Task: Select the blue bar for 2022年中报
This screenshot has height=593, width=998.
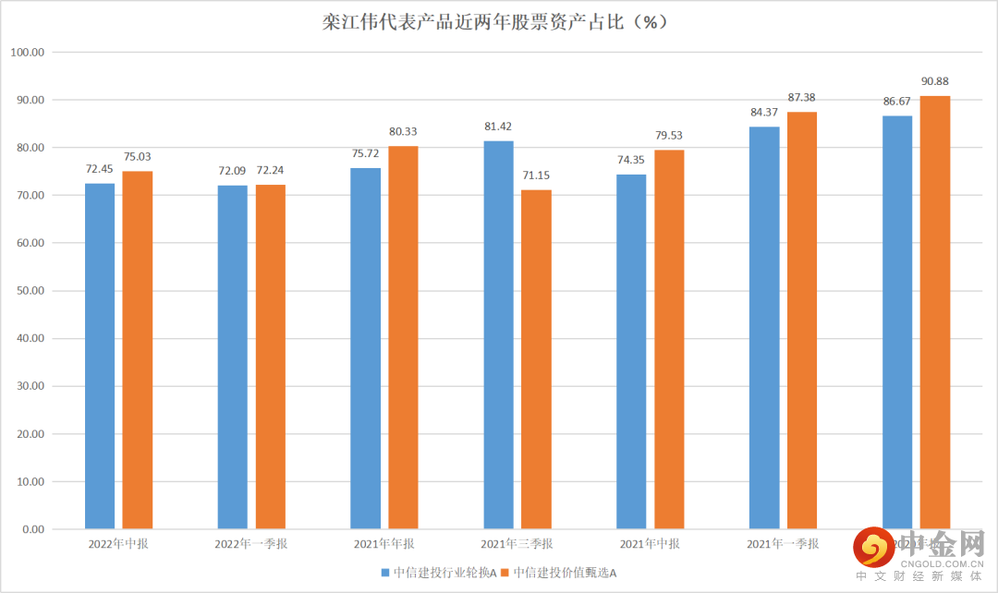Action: pos(100,356)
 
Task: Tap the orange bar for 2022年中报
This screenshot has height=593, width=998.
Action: pos(138,350)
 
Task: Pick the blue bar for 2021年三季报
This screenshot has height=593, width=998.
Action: pos(498,334)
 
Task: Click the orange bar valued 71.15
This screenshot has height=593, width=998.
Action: pos(537,359)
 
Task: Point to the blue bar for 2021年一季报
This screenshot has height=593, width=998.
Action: pos(764,328)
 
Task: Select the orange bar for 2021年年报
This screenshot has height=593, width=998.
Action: pos(403,337)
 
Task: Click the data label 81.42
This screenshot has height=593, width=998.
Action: pos(498,126)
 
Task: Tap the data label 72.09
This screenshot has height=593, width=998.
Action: pos(232,170)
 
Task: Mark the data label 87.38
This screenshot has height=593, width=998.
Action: pos(802,97)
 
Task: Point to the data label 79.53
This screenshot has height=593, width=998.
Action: pos(669,135)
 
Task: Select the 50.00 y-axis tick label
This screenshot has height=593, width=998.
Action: pos(30,291)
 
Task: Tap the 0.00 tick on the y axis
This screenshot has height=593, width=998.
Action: pos(33,529)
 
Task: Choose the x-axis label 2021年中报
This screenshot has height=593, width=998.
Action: pos(650,544)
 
